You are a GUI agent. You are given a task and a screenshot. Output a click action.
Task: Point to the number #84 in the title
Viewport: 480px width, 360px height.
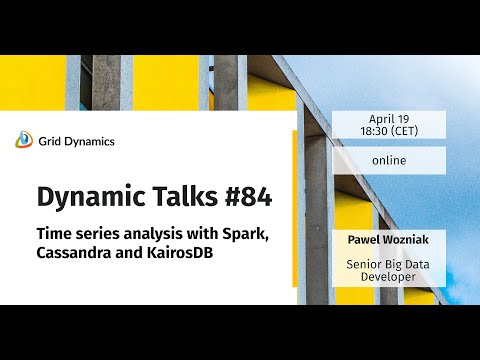point(243,196)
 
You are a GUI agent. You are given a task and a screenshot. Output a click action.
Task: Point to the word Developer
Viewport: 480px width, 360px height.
point(389,276)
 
